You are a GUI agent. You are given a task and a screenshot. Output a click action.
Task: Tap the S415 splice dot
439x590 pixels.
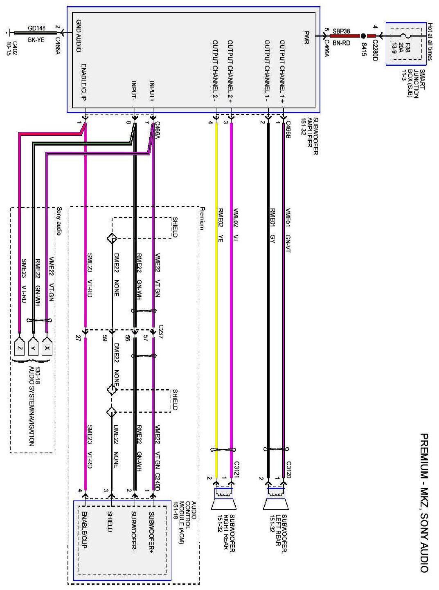pos(363,36)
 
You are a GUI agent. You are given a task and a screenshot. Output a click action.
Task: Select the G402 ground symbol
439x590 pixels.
pos(9,33)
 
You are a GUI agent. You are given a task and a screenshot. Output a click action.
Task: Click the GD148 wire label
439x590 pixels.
pos(36,28)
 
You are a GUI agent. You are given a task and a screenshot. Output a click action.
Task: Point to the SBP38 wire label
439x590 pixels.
pos(341,31)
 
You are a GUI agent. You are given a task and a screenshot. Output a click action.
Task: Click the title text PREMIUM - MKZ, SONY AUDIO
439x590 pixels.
pos(424,503)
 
